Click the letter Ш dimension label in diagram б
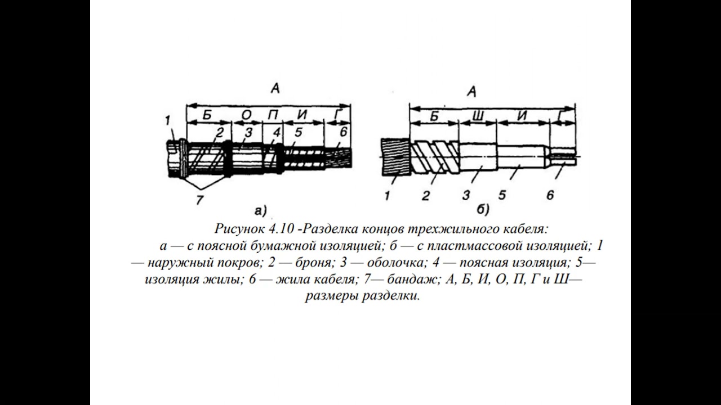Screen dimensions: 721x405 477,116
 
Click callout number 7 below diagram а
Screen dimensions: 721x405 199,200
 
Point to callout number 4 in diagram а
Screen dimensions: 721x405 276,133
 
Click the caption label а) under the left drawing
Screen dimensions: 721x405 260,211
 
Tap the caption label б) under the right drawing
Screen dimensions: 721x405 483,210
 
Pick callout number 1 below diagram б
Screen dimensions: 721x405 387,196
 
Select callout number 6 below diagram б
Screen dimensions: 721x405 550,195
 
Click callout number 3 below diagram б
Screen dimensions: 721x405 466,196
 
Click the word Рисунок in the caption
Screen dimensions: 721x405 242,229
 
